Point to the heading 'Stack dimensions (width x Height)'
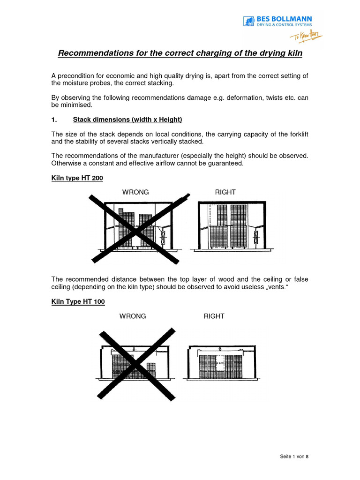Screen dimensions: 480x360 127,120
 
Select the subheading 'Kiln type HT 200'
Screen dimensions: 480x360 77,179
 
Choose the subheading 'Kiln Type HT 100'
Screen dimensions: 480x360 78,302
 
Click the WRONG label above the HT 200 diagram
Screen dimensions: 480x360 135,192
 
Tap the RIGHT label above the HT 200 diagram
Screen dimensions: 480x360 225,192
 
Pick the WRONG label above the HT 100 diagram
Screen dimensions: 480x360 133,316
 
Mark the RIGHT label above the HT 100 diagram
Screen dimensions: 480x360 214,316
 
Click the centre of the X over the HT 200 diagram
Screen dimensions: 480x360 136,230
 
